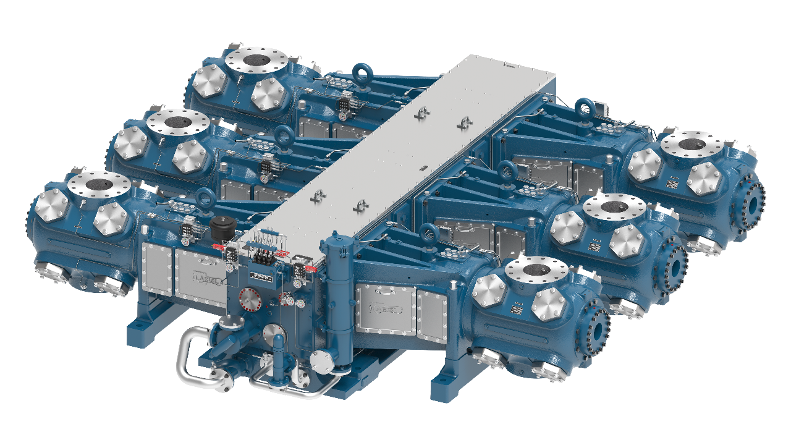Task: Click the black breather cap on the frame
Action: point(221,228)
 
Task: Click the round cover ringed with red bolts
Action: point(251,300)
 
